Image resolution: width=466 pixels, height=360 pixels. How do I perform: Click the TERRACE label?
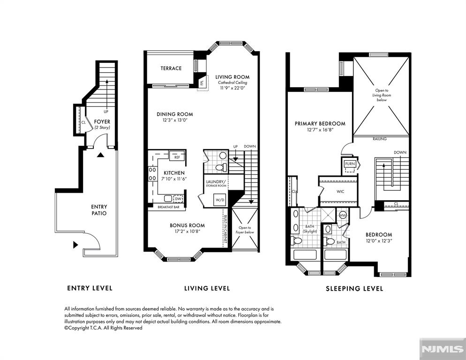click(171, 68)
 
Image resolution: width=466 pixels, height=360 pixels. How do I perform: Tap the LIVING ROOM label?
click(232, 77)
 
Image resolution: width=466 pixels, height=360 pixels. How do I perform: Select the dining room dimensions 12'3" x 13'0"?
click(174, 120)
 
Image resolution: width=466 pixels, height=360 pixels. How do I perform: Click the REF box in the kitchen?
click(177, 157)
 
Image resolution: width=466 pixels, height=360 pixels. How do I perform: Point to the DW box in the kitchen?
click(178, 199)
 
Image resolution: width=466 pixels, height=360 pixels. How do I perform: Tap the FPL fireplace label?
click(202, 81)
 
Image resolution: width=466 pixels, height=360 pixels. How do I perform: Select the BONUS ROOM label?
click(187, 225)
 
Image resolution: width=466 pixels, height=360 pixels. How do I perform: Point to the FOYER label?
click(102, 122)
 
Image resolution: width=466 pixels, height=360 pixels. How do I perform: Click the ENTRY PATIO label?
click(99, 210)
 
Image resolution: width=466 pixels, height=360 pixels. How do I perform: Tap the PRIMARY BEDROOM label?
click(320, 124)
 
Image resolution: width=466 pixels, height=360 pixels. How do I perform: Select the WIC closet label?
click(341, 192)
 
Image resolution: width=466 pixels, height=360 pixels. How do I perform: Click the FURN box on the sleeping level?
click(350, 164)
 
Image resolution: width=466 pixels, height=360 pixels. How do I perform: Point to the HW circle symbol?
click(343, 215)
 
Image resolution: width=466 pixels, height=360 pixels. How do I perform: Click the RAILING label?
click(380, 139)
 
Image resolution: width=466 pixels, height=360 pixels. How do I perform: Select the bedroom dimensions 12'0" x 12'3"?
click(379, 241)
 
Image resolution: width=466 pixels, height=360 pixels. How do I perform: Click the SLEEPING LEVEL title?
click(354, 289)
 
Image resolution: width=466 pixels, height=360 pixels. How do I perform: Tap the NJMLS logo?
click(442, 349)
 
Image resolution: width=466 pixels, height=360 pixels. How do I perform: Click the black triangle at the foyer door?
click(100, 155)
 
